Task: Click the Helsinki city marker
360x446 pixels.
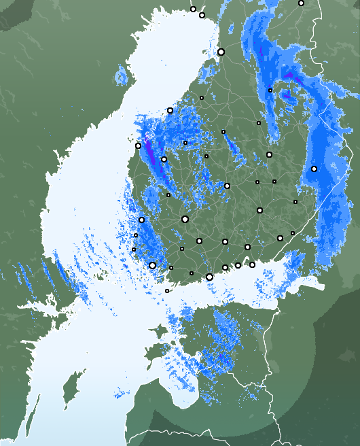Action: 209,277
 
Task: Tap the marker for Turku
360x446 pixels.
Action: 152,265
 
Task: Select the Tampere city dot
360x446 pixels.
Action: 185,219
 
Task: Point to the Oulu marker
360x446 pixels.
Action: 221,52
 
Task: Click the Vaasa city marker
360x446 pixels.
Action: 139,145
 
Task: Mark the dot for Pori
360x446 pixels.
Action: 141,220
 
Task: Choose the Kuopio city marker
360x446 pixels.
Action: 269,154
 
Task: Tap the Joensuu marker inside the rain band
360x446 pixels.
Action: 314,169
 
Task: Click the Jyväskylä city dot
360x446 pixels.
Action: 227,186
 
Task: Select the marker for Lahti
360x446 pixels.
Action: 225,241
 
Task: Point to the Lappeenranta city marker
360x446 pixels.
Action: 280,238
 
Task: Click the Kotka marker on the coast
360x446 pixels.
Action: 253,264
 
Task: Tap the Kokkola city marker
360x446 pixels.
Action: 170,110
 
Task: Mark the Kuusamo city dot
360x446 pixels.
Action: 301,3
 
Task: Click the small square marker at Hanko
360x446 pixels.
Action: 167,291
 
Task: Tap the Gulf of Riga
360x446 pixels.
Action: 187,388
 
